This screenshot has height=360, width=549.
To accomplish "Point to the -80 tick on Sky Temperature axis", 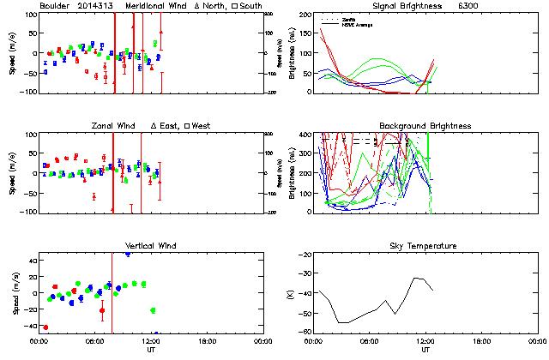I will pyautogui.click(x=306, y=332).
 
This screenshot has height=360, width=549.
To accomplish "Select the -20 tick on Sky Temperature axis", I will pyautogui.click(x=306, y=255).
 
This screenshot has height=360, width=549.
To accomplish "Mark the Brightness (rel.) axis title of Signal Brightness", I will pyautogui.click(x=294, y=53).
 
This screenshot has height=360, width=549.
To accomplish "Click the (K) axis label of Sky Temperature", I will pyautogui.click(x=294, y=293).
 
